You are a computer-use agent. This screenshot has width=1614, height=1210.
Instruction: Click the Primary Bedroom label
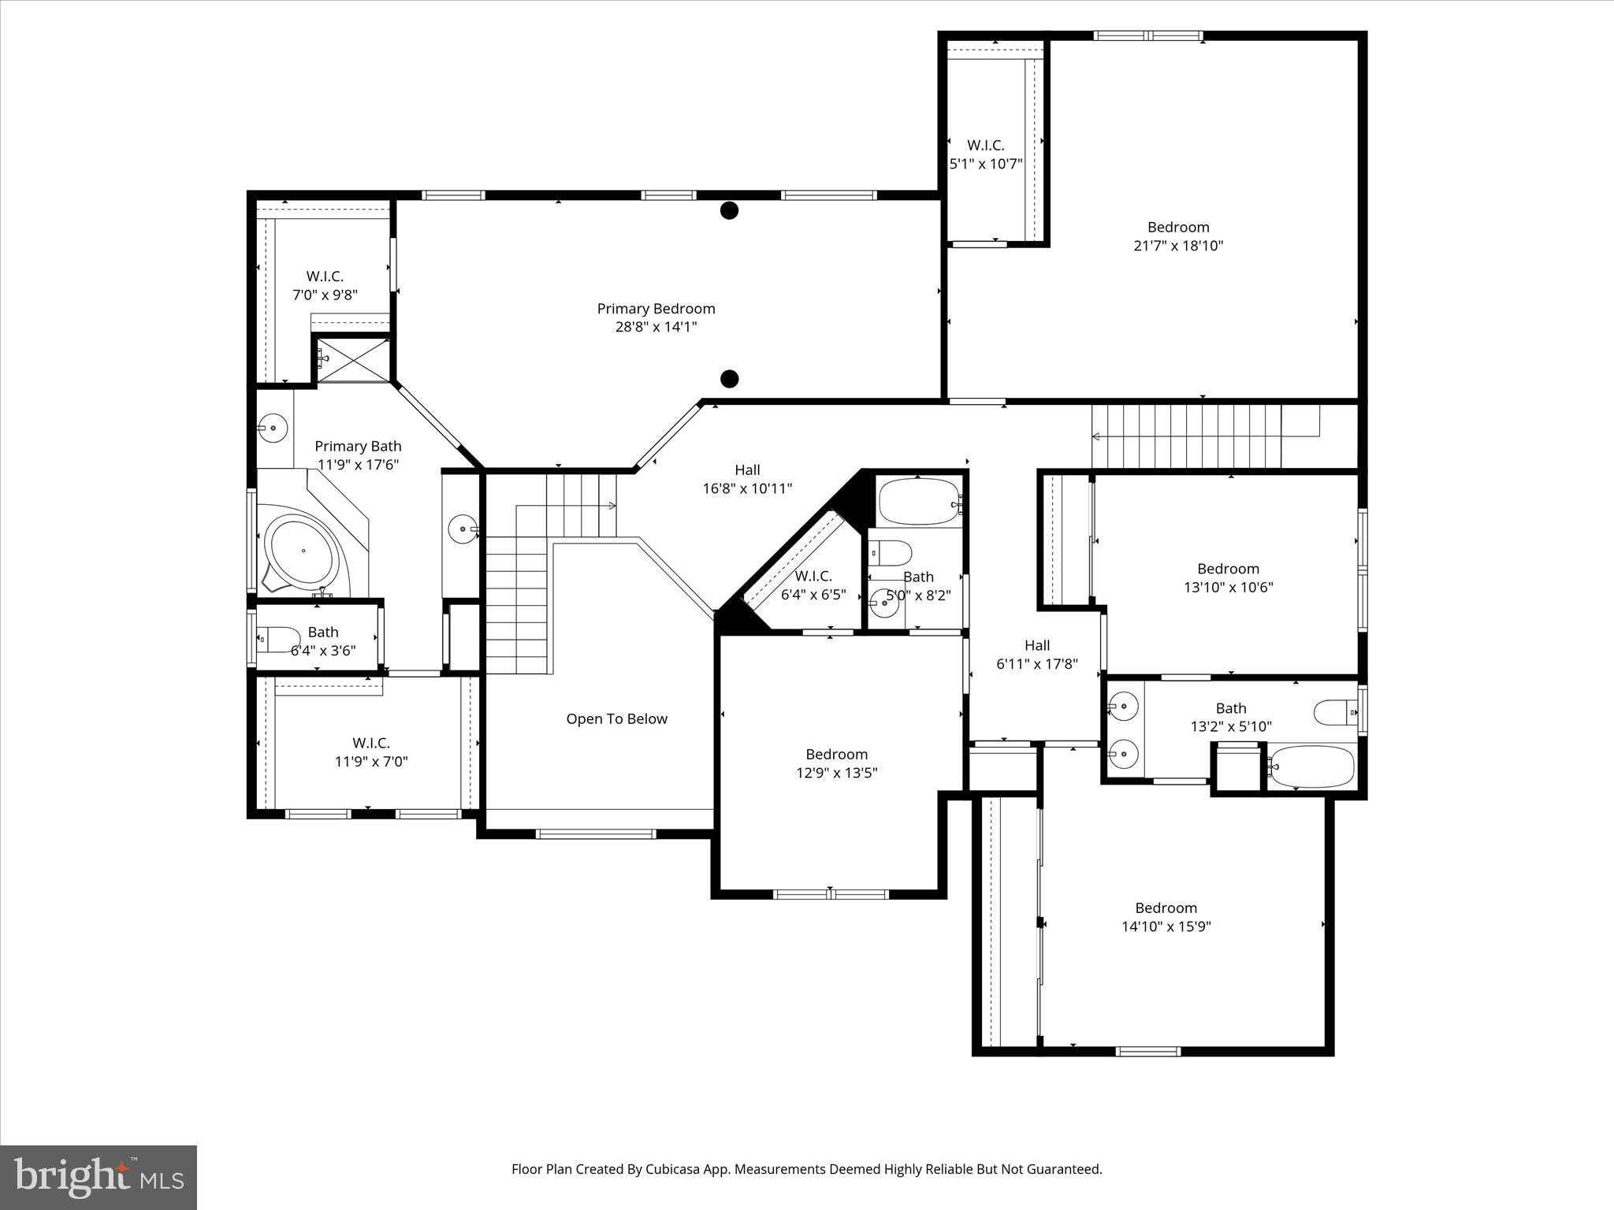click(656, 309)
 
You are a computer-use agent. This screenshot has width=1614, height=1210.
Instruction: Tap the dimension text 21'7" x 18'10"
click(1178, 246)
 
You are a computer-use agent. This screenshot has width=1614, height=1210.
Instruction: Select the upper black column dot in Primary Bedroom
click(730, 210)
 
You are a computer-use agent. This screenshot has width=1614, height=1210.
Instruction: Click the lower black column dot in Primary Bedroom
click(730, 379)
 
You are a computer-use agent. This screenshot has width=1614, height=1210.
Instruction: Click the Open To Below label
click(616, 718)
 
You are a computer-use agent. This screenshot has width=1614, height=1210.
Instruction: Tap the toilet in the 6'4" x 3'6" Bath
click(280, 640)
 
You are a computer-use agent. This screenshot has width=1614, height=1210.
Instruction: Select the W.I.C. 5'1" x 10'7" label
click(986, 154)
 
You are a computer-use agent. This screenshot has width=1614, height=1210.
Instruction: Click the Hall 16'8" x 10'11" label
click(747, 479)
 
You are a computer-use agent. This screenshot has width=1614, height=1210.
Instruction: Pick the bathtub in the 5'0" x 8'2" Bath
click(917, 502)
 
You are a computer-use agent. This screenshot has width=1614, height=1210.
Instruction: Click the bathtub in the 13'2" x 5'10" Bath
click(1312, 766)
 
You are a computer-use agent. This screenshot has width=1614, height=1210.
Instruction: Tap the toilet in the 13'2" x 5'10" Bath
click(1335, 712)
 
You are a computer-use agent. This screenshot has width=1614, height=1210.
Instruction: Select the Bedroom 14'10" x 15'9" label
click(1166, 917)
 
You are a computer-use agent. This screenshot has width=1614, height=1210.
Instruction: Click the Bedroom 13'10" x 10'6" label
click(1228, 577)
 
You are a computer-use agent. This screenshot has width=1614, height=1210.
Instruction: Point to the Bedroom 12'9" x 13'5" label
click(836, 763)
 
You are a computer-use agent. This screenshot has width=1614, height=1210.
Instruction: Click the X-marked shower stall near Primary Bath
click(352, 360)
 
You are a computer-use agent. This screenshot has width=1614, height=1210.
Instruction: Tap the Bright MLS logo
click(99, 1177)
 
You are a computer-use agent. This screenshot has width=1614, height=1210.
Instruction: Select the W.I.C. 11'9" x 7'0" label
click(371, 752)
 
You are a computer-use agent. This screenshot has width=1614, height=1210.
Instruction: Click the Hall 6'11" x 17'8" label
click(1037, 655)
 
